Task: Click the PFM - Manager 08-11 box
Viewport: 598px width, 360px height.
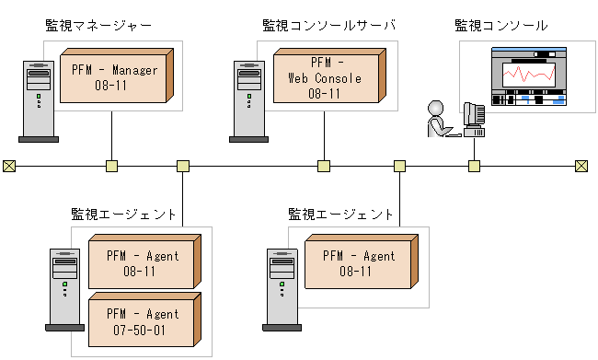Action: pyautogui.click(x=114, y=76)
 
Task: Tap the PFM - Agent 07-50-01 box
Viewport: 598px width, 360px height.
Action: pyautogui.click(x=142, y=320)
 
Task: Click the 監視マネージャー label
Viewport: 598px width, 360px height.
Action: pyautogui.click(x=98, y=25)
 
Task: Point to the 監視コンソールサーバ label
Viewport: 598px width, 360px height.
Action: pyautogui.click(x=329, y=25)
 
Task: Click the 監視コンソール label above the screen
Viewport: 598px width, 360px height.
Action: pyautogui.click(x=500, y=25)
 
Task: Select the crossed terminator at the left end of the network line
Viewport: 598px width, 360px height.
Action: pyautogui.click(x=9, y=166)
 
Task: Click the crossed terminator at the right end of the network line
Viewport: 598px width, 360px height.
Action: pyautogui.click(x=581, y=166)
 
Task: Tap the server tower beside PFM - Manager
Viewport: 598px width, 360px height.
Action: pyautogui.click(x=38, y=101)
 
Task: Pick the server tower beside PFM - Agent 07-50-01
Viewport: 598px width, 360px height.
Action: pyautogui.click(x=63, y=289)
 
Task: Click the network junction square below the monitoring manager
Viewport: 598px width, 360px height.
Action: pyautogui.click(x=111, y=166)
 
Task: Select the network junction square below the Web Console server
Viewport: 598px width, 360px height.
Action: pyautogui.click(x=323, y=166)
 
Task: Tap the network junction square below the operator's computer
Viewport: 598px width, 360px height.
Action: pyautogui.click(x=474, y=166)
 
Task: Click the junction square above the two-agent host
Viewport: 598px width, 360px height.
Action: pyautogui.click(x=182, y=166)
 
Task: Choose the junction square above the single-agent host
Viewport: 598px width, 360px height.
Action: pyautogui.click(x=399, y=166)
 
